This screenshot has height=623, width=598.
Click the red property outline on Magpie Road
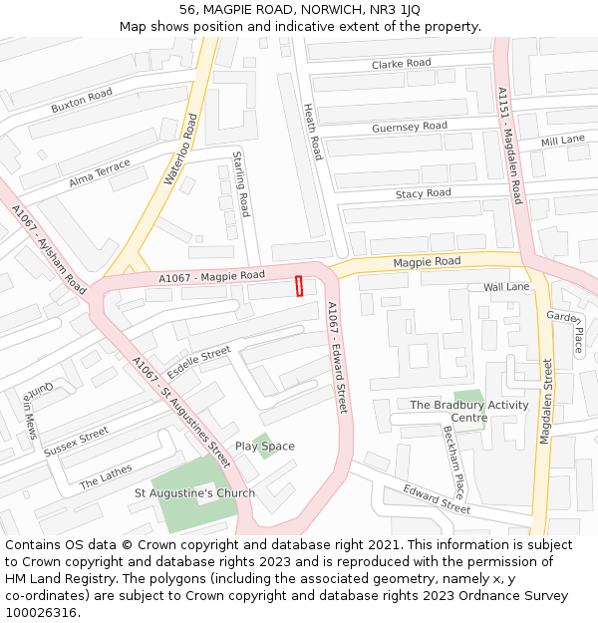click(299, 285)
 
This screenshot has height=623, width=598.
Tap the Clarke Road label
click(401, 64)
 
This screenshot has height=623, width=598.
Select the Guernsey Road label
click(409, 128)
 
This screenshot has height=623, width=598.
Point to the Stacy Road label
click(423, 193)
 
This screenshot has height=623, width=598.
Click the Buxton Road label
click(82, 101)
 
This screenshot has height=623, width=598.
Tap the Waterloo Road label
click(180, 150)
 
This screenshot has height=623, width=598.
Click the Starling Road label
click(240, 183)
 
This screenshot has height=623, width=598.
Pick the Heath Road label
click(313, 132)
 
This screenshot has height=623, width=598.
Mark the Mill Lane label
click(562, 142)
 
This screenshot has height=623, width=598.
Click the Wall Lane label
click(506, 287)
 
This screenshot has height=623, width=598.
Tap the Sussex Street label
click(76, 442)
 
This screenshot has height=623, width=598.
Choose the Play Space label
click(264, 447)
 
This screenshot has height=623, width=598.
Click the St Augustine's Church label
click(194, 493)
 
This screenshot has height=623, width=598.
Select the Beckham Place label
click(453, 462)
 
